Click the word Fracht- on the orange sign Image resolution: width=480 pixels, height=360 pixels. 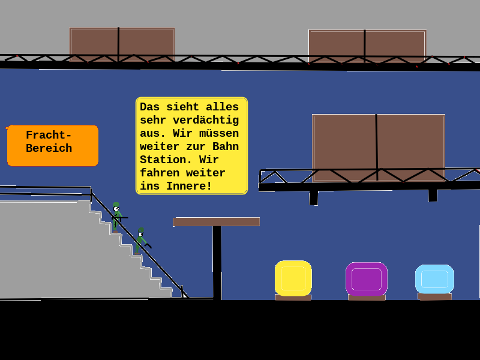coord(49,135)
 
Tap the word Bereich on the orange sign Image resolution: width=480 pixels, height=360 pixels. coord(49,148)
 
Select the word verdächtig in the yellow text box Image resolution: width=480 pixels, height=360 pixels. coord(206,120)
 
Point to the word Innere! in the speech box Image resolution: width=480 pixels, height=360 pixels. coord(189,186)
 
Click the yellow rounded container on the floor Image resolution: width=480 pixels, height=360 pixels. coord(293,278)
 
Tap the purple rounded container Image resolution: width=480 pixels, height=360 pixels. coord(367,279)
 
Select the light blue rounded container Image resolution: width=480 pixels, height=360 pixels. coord(434,279)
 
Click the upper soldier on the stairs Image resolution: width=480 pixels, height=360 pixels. coord(116,217)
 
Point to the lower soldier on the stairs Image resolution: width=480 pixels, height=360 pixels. coord(142,241)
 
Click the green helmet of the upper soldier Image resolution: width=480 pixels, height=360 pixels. coord(116,205)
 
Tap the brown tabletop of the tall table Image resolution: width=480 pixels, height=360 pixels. coord(216,221)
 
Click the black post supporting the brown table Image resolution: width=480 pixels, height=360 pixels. coord(217,263)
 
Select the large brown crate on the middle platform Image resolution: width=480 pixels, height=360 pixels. coord(379,148)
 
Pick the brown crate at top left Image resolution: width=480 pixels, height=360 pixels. coord(122,44)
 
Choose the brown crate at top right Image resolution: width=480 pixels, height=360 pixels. coord(367,47)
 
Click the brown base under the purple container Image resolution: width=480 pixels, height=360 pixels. coord(367,297)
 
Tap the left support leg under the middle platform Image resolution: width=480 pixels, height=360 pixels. coord(313,198)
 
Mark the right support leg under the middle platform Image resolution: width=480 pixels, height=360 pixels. coord(433,196)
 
